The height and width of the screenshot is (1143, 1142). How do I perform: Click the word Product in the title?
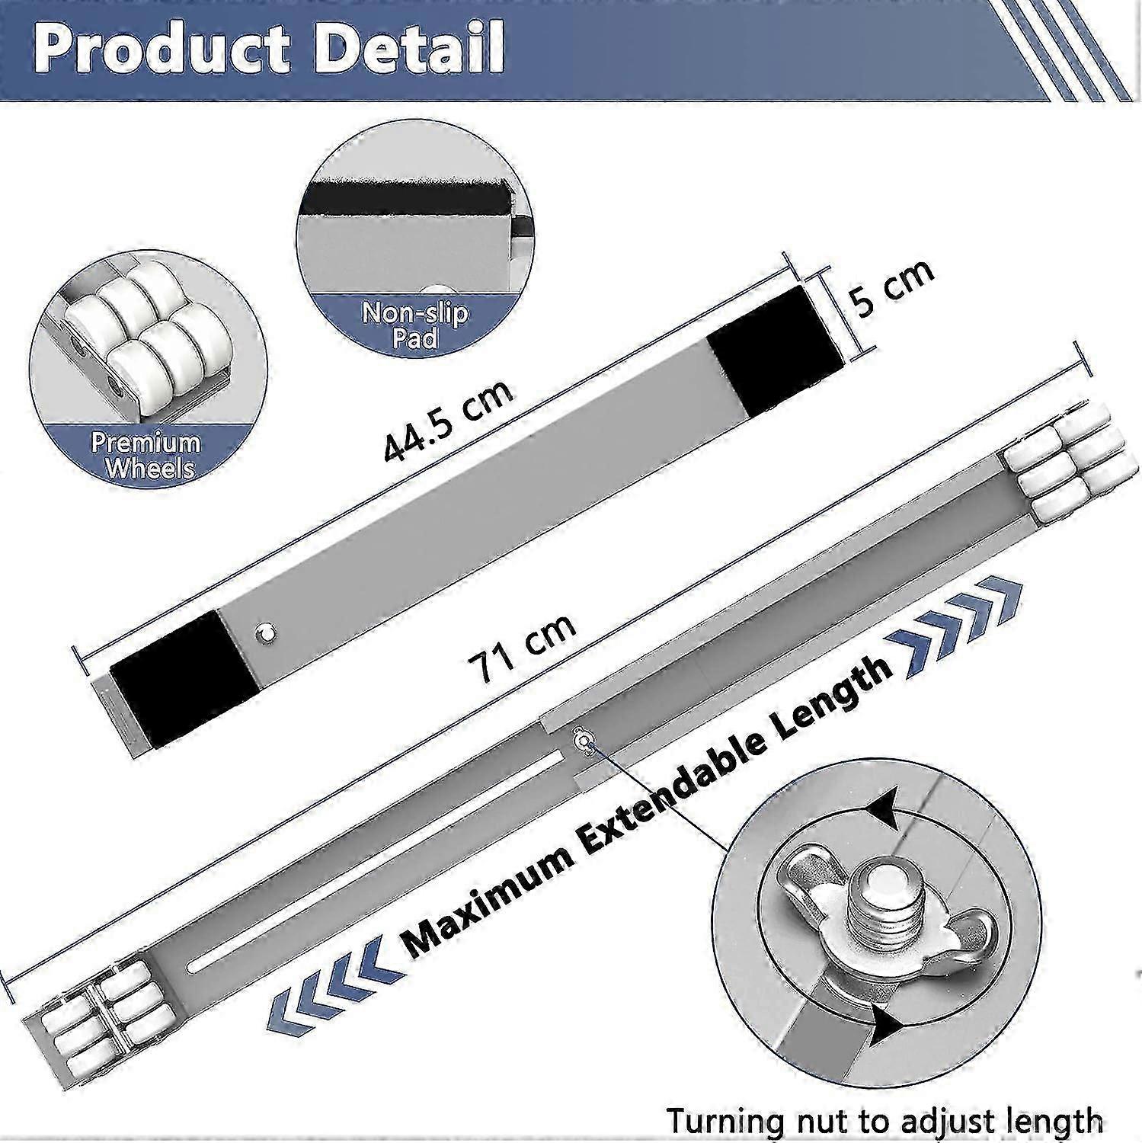pyautogui.click(x=162, y=47)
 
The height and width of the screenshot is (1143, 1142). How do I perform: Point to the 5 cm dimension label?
pyautogui.click(x=892, y=288)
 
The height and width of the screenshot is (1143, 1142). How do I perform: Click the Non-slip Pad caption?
pyautogui.click(x=416, y=326)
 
